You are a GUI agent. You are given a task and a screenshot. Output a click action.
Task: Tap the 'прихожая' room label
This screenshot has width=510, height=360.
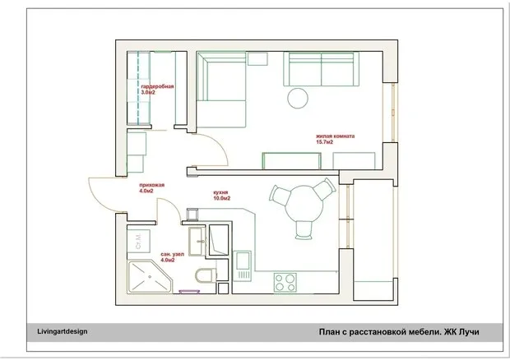[151, 185]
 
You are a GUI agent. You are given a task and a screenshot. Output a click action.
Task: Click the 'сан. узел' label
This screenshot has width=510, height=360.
[172, 253]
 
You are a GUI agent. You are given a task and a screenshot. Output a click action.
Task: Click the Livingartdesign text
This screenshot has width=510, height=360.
[62, 332]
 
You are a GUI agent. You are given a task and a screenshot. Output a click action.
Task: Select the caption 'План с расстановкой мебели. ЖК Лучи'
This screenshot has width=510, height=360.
[399, 332]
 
